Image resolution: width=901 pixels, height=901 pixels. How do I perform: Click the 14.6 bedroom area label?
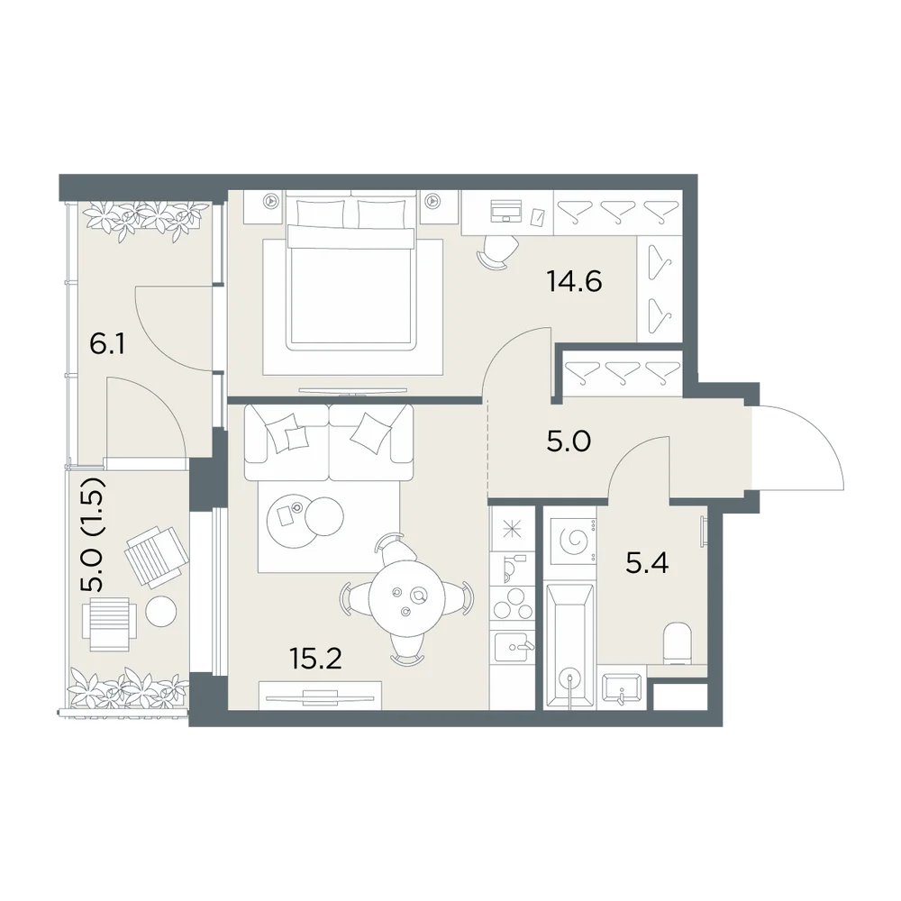click(574, 281)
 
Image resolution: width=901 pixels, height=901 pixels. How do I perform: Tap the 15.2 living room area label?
click(316, 659)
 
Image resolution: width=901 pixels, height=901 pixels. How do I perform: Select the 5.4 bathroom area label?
click(647, 563)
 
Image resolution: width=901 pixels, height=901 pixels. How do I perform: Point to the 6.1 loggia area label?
click(107, 345)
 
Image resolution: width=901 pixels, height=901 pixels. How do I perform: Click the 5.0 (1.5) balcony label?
click(92, 534)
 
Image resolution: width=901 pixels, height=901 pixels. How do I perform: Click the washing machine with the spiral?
click(572, 541)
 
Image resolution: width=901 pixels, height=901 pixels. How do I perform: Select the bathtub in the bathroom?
click(569, 647)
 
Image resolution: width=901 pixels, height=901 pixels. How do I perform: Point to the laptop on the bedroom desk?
click(505, 210)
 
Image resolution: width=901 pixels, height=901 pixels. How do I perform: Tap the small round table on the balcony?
click(160, 611)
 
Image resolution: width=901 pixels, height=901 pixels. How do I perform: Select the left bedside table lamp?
click(270, 201)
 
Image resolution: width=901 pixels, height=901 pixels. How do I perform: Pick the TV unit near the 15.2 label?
click(320, 696)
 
